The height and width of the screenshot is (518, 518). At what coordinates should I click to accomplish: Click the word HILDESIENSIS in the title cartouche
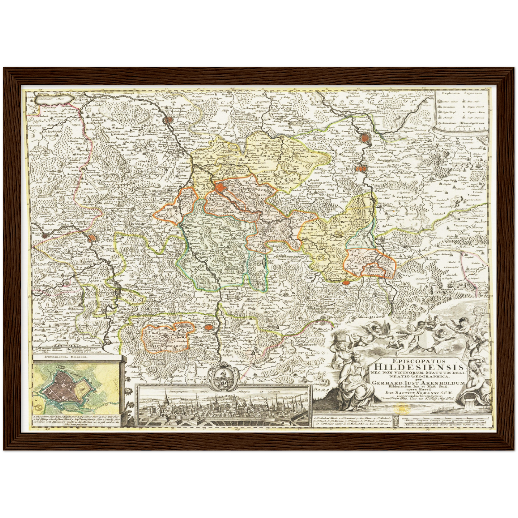418,367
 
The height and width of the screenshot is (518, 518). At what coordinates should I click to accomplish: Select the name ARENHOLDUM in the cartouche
444,383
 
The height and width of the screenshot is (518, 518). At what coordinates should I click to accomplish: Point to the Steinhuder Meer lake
54,98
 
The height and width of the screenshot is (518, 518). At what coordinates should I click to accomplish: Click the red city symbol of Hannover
167,120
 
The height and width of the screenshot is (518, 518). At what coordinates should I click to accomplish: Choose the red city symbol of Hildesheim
220,187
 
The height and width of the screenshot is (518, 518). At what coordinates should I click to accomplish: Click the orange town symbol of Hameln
92,237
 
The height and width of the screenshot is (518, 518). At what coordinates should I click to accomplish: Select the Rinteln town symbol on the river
44,235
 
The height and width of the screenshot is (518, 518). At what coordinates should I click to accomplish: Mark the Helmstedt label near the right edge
476,168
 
